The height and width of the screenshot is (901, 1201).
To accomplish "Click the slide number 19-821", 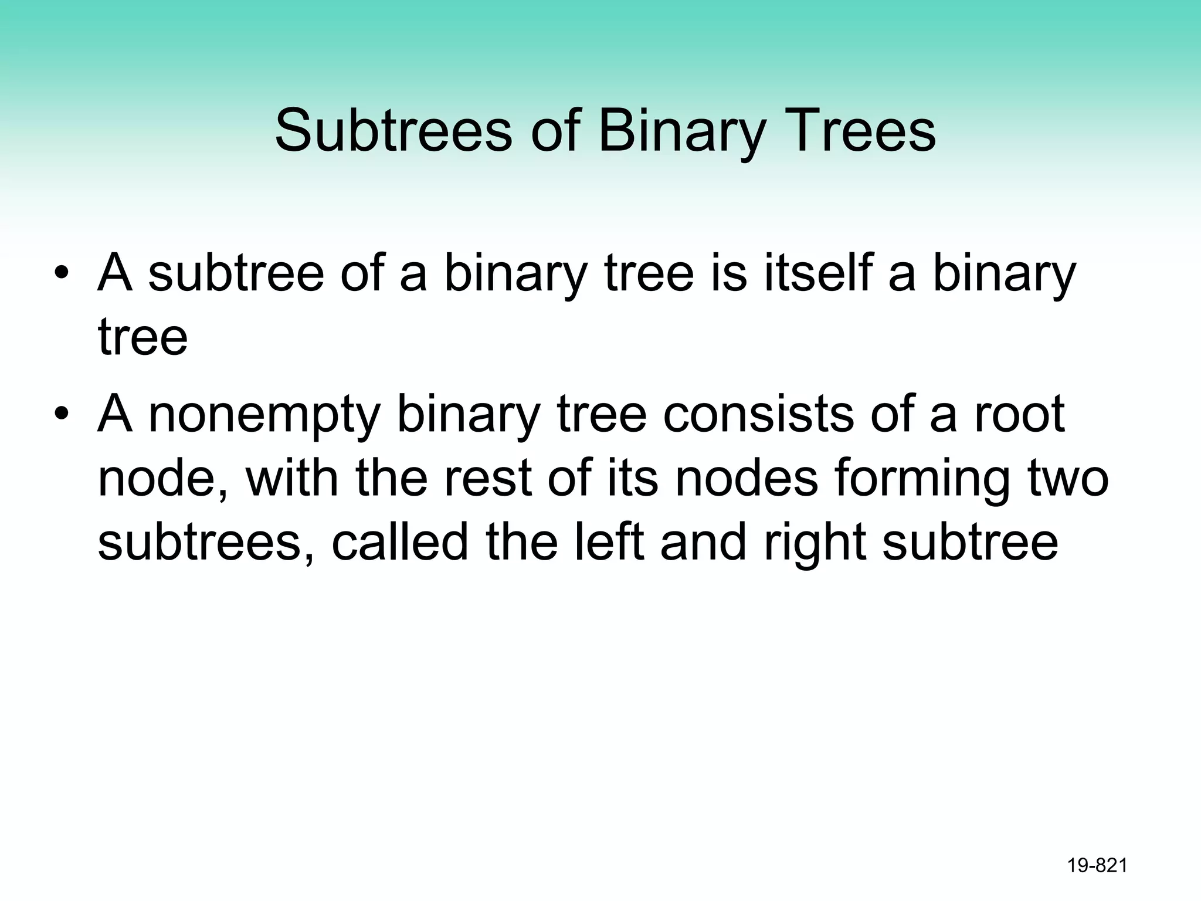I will [1097, 865].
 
